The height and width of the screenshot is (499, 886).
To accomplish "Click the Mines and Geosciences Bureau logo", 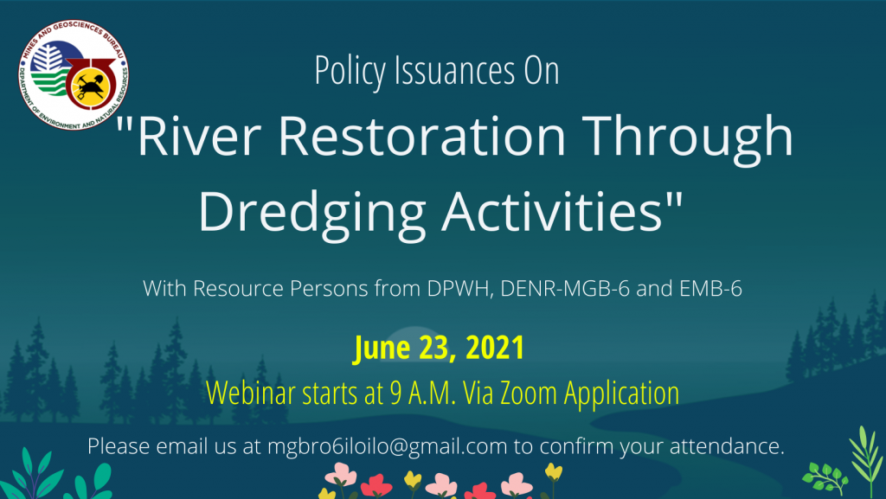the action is point(74,75).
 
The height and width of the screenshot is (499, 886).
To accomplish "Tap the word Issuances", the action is point(455,71).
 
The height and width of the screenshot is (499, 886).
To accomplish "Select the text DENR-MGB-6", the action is point(565,289).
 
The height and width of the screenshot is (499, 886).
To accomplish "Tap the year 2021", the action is point(495,347).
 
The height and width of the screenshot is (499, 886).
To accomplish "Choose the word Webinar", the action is point(251,393).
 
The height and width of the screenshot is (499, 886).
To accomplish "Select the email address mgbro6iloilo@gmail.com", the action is point(387,446).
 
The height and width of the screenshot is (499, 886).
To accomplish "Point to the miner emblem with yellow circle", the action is point(90,84).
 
